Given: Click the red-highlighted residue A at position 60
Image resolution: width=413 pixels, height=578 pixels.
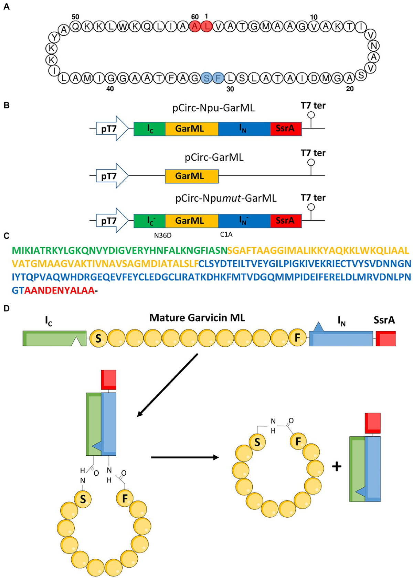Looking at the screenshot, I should click(195, 26).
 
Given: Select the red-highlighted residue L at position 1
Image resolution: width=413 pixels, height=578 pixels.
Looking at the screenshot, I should click(206, 26).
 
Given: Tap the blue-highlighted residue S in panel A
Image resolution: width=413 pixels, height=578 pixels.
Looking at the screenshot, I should click(206, 78).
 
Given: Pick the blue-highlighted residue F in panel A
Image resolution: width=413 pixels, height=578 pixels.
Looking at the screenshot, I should click(218, 78).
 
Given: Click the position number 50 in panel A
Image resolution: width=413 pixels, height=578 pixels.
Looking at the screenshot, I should click(75, 17).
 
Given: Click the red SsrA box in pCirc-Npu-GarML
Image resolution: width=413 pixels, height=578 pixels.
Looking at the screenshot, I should click(286, 129).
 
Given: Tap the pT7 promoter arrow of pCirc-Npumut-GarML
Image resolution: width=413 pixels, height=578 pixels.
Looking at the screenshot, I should click(110, 221).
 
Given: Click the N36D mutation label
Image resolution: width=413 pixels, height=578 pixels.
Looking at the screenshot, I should click(163, 235).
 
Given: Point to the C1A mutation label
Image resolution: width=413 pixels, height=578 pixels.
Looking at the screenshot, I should click(226, 234).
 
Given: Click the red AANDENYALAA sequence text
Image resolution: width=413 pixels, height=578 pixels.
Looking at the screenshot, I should click(59, 291).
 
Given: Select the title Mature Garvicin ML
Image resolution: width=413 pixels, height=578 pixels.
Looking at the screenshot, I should click(197, 318).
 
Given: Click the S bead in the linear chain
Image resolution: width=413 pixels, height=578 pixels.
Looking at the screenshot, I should click(98, 338).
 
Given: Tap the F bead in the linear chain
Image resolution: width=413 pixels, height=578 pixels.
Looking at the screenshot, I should click(297, 338).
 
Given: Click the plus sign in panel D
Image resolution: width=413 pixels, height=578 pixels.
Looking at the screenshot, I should click(337, 467).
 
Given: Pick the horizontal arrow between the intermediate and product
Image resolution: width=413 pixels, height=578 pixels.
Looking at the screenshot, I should click(185, 457).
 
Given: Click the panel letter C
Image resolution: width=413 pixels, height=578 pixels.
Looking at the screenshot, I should click(6, 236).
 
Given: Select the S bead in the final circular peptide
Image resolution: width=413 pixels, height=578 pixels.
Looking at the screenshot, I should click(257, 442).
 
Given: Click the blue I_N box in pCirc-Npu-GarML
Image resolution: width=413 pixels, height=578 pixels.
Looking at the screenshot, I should click(244, 129).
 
